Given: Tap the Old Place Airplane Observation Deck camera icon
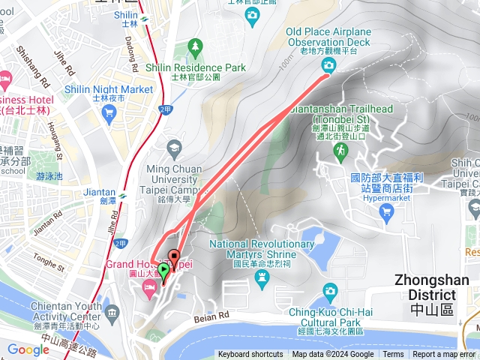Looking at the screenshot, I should tap(328, 65).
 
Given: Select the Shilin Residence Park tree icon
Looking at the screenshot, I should tap(196, 48).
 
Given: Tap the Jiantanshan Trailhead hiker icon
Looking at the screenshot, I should tap(340, 151).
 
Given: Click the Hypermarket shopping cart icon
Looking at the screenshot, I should tap(387, 212).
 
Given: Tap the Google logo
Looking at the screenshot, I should tap(28, 349).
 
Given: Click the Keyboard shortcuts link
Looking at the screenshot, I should tap(250, 355).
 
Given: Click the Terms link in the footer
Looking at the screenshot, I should tap(393, 355).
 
